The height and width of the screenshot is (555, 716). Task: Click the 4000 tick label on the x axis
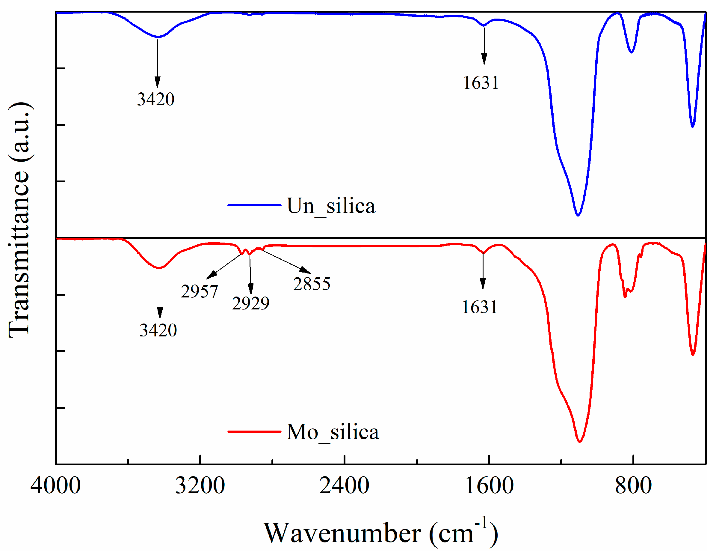(x=55, y=486)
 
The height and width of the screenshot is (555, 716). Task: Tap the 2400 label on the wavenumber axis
(x=344, y=486)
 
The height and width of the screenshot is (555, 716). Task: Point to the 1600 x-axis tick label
(x=489, y=486)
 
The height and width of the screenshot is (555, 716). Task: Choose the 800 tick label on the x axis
(x=633, y=486)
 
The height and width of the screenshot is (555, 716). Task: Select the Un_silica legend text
(x=331, y=206)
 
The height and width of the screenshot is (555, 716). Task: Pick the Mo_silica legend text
(x=333, y=432)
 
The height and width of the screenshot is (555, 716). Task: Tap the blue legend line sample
(x=254, y=205)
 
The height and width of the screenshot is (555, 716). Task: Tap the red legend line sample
(x=254, y=431)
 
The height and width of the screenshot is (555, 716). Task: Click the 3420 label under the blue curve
(x=156, y=99)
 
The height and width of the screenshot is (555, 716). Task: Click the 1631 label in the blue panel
(x=481, y=83)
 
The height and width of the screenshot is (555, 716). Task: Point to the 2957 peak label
(x=199, y=291)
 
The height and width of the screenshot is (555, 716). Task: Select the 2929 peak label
(x=251, y=303)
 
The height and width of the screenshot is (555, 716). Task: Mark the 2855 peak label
(x=312, y=284)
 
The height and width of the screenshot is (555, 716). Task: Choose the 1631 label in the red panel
(x=480, y=308)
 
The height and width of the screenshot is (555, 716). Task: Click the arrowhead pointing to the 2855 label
(x=306, y=270)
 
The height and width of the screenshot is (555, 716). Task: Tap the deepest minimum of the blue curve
(x=578, y=215)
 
